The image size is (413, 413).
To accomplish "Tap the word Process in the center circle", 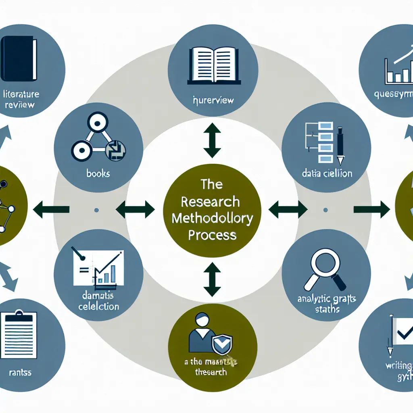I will [212, 235].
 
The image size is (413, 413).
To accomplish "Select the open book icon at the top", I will [212, 64].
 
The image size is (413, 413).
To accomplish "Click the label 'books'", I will [98, 174].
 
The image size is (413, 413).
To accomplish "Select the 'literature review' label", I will [21, 100].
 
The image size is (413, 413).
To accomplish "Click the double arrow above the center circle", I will [212, 140].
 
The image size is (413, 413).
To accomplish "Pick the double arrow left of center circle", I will [135, 209].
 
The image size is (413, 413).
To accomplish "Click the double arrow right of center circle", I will [288, 209].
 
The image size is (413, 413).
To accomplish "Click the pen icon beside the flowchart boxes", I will [340, 146].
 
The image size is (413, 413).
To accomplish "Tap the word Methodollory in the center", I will [212, 218].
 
